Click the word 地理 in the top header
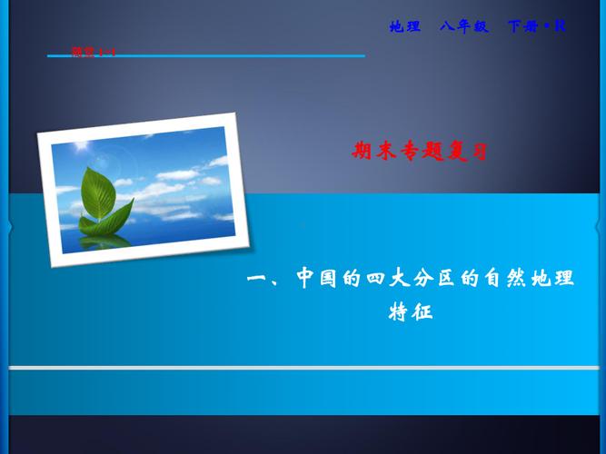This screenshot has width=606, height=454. (405, 26)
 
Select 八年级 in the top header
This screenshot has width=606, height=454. (464, 26)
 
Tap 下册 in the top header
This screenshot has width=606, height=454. (522, 26)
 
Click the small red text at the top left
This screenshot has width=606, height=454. (94, 52)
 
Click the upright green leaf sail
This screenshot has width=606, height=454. (98, 192)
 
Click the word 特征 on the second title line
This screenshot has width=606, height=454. (412, 313)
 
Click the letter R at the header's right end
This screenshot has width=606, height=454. (560, 26)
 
